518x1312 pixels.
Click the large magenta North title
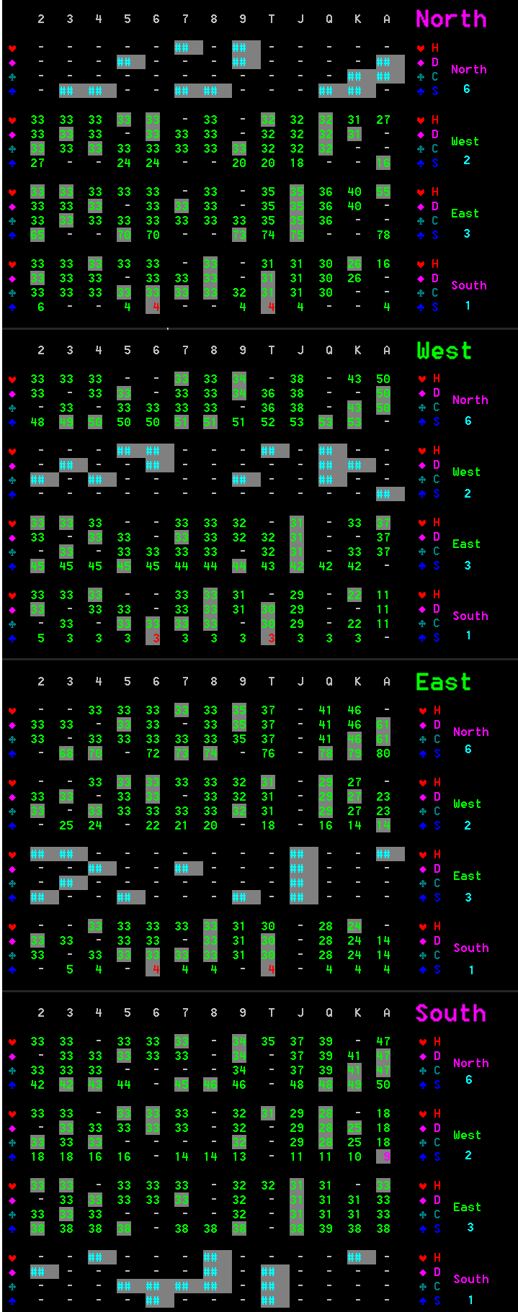tap(451, 19)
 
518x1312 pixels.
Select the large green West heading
tap(444, 351)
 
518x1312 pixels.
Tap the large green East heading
tap(443, 682)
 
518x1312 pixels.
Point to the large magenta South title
tap(450, 1013)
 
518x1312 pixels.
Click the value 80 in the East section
tap(383, 753)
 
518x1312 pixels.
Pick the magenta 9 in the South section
tap(386, 1156)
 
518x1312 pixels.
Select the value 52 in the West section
tap(268, 422)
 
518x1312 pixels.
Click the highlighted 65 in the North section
tap(37, 235)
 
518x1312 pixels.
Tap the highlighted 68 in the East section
tap(66, 753)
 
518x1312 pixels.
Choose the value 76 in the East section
tap(268, 753)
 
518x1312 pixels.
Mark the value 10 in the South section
tap(354, 1156)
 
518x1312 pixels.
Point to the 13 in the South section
tap(239, 1156)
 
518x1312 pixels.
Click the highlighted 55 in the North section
tap(383, 192)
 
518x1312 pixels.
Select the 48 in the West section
tap(37, 422)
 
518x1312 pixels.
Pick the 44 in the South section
tap(124, 1084)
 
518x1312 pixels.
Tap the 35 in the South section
tap(268, 1041)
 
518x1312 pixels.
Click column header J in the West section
tap(300, 350)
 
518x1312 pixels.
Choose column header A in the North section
tap(387, 19)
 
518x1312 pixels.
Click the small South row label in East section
tap(470, 948)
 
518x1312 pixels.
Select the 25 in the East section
tap(66, 825)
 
